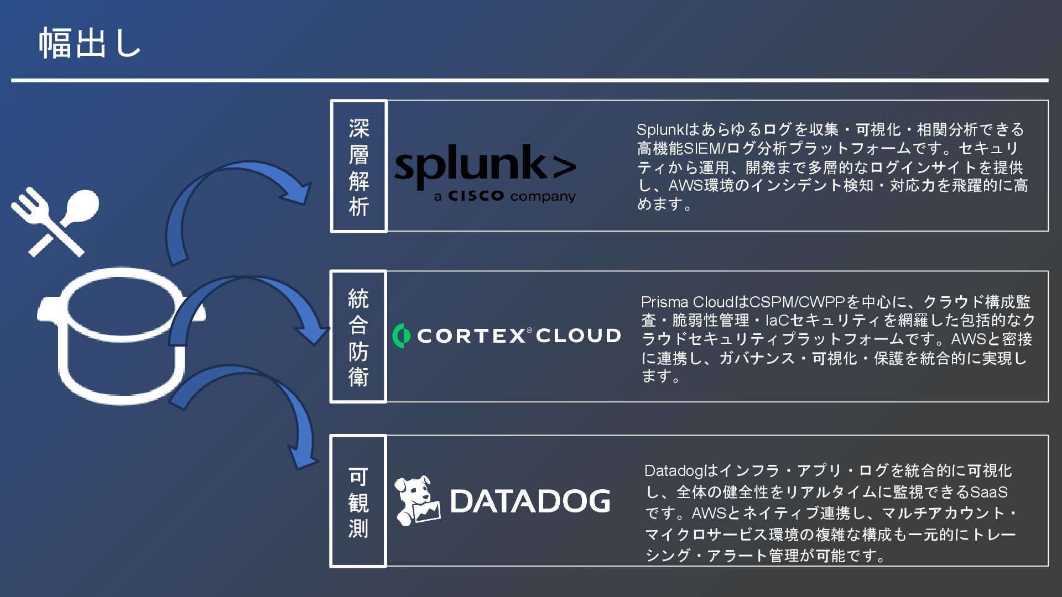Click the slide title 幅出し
click(90, 43)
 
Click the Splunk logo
click(485, 165)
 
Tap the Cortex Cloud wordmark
click(518, 336)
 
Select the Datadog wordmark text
click(530, 501)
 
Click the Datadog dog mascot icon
click(417, 500)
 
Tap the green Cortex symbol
click(401, 336)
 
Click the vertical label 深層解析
click(358, 166)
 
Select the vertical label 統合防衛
click(358, 337)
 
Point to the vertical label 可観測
click(358, 501)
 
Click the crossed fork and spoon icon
click(54, 222)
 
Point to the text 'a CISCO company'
click(504, 196)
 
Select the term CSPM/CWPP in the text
click(796, 302)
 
